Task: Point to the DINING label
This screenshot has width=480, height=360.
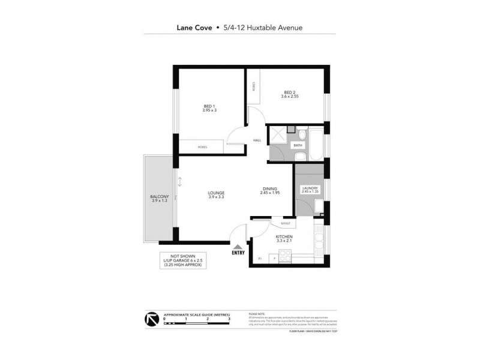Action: (x=270, y=190)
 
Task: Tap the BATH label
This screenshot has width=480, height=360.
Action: (x=298, y=145)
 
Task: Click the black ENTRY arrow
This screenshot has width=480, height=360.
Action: (x=238, y=247)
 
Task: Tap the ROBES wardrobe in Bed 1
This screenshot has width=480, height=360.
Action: (x=201, y=145)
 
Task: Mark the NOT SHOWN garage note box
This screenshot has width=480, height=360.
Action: (x=184, y=262)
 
